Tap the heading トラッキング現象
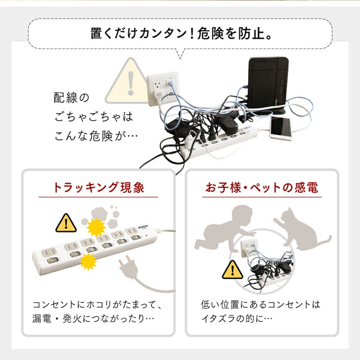coord(99,187)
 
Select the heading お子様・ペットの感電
coord(262,187)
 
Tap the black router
coord(268,85)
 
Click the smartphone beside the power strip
coord(281,128)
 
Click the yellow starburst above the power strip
coord(96,227)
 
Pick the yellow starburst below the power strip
coord(88,262)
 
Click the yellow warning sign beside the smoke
coord(66,223)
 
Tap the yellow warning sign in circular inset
coord(232,270)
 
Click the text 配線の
coord(72,98)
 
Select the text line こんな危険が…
coord(96,136)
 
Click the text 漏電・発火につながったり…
coord(93,319)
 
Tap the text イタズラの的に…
coord(237,319)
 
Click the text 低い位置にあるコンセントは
coord(261,305)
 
